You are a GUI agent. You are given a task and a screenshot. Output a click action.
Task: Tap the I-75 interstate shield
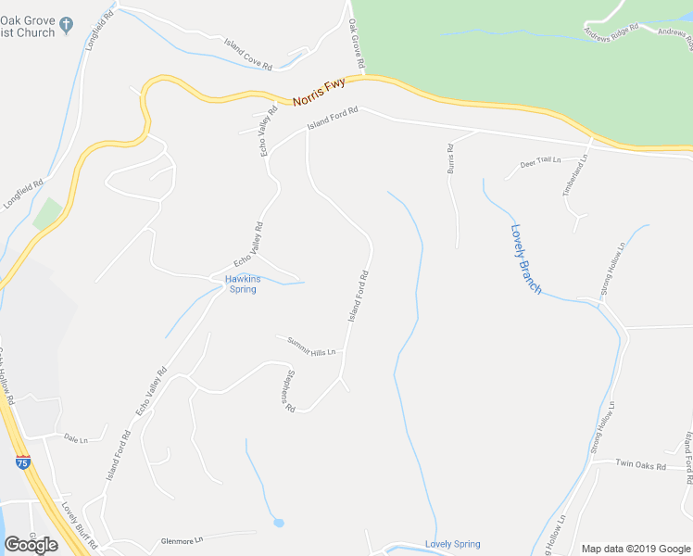click(x=23, y=461)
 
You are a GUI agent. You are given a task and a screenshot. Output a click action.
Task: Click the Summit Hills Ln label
click(x=309, y=346)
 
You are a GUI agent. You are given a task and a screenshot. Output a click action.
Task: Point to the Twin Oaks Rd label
click(x=643, y=466)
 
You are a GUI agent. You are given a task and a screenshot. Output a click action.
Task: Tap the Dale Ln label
click(x=75, y=437)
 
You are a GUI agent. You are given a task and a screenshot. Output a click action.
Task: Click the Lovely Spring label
click(x=452, y=544)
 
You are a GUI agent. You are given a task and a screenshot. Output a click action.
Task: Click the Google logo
click(x=31, y=545)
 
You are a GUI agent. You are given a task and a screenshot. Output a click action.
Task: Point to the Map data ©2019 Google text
click(x=635, y=548)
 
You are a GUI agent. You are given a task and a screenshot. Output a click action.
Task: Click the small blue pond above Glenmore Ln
click(x=278, y=524)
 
